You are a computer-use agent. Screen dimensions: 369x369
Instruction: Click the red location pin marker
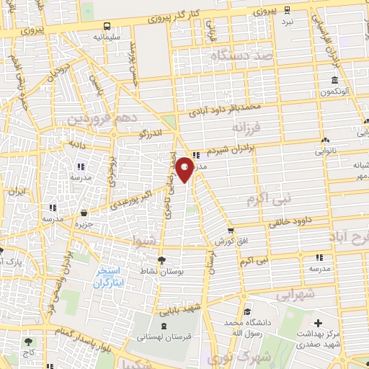coord(184,169)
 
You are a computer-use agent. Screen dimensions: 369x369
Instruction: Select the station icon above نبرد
coord(288,10)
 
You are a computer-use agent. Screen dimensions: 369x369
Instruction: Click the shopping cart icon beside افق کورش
coord(230,231)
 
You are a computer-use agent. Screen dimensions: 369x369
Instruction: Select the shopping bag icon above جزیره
coord(85,213)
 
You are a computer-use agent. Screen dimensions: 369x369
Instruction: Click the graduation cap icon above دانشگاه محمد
coord(247,312)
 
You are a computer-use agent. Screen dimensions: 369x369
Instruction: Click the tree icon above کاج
coord(29,342)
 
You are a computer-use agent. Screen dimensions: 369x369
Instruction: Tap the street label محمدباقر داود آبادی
coord(224,110)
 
